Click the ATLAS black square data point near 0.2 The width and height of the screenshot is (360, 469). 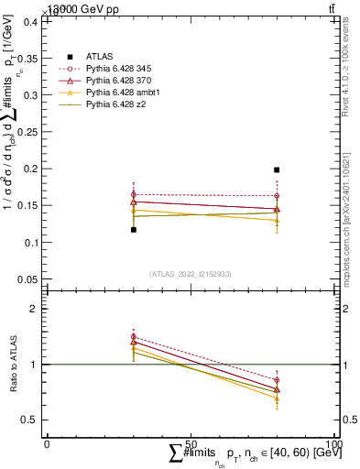(x=277, y=169)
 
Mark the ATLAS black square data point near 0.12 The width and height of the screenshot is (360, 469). (x=134, y=230)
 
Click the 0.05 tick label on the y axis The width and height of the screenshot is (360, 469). (x=27, y=279)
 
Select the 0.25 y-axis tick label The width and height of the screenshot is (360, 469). (x=27, y=132)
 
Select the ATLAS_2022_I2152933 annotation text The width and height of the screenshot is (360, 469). (x=191, y=274)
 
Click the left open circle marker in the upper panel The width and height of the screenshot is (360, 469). (x=134, y=195)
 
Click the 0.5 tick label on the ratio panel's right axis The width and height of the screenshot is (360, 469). (x=349, y=420)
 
